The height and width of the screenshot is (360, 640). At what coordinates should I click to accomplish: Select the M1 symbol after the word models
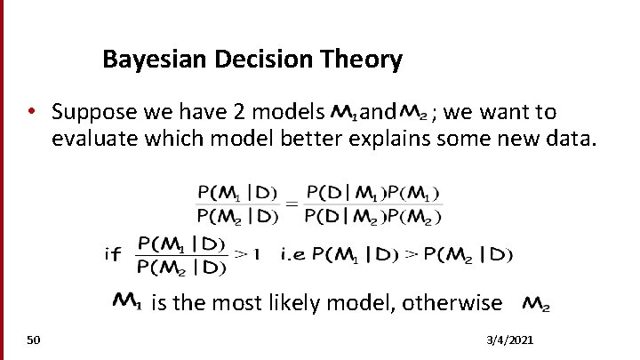(343, 113)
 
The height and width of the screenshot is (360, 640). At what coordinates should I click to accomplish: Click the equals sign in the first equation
(291, 203)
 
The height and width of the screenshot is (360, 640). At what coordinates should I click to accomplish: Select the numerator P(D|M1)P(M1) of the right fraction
(372, 192)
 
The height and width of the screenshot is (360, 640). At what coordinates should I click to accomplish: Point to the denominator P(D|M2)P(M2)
(372, 214)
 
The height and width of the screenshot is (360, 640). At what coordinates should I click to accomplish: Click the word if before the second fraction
(113, 255)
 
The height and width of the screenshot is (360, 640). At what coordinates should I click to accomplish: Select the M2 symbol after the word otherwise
(535, 304)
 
